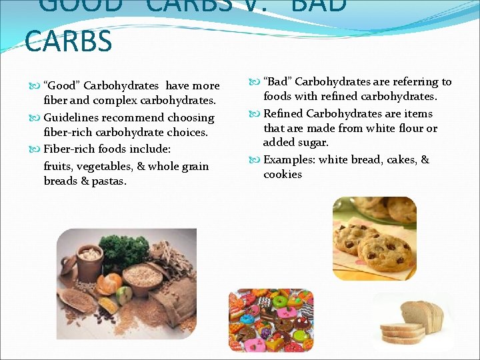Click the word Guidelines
click(x=71, y=118)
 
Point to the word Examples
click(x=289, y=160)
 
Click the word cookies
click(x=283, y=175)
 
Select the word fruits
click(x=59, y=166)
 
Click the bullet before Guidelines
click(x=37, y=118)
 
